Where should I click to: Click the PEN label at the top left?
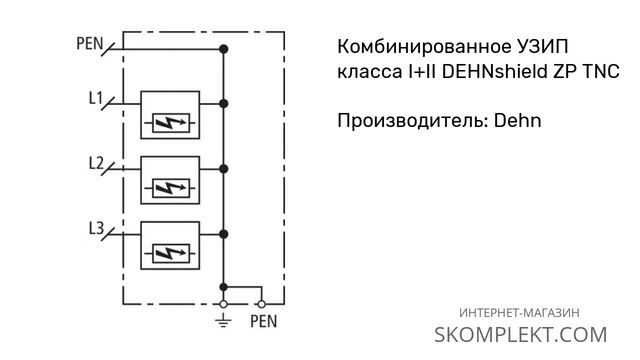pos(89,44)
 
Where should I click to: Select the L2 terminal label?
pos(96,163)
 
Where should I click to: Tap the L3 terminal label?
pos(96,228)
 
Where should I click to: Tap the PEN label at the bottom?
pos(263,322)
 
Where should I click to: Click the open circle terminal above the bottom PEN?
pos(262,302)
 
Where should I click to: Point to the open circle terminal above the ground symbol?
pos(223,302)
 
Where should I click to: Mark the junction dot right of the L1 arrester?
pos(223,103)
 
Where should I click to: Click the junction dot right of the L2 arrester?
pos(223,168)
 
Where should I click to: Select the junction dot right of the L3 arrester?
pos(223,233)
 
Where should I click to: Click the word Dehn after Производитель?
pos(517,122)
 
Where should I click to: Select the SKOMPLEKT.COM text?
pos(521,335)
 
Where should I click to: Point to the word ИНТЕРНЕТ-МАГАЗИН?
pos(521,312)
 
